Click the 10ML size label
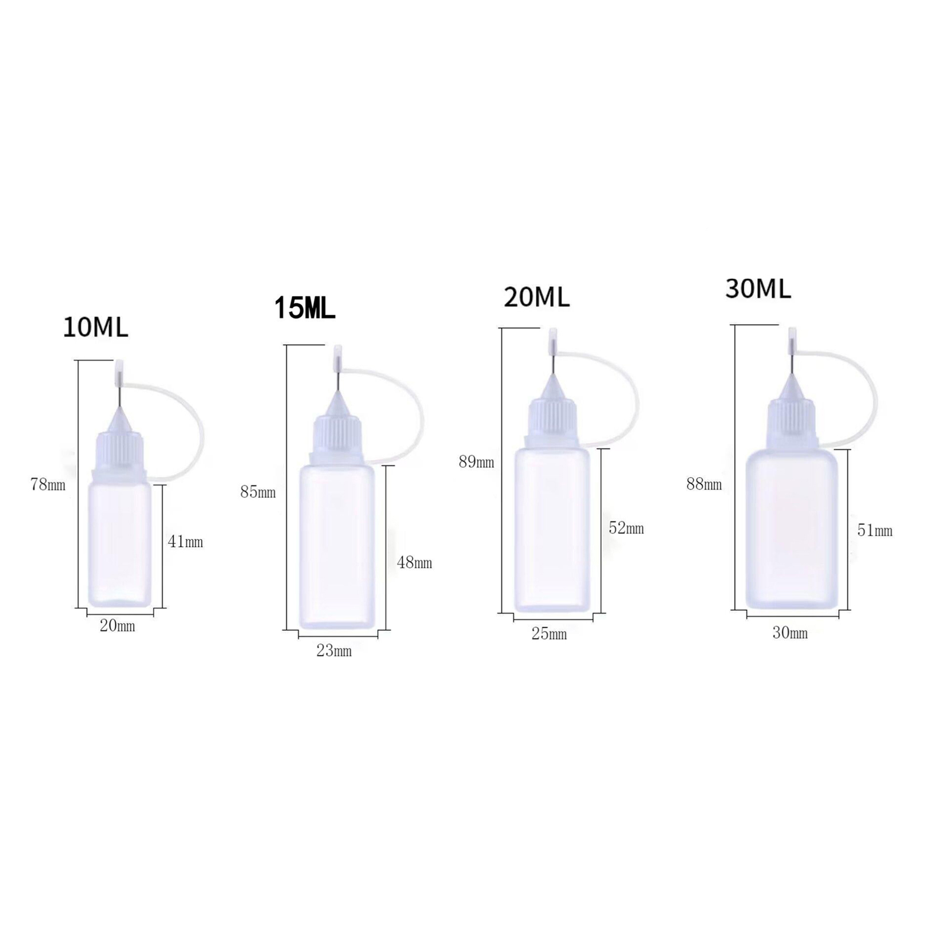click(95, 328)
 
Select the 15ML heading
click(304, 309)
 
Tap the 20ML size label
click(536, 297)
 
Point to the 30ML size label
click(758, 289)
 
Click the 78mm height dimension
click(48, 485)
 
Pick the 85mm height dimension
click(258, 492)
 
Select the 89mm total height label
click(477, 462)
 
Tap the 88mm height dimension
click(704, 484)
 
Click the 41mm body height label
click(186, 542)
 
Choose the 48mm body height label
click(414, 563)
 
